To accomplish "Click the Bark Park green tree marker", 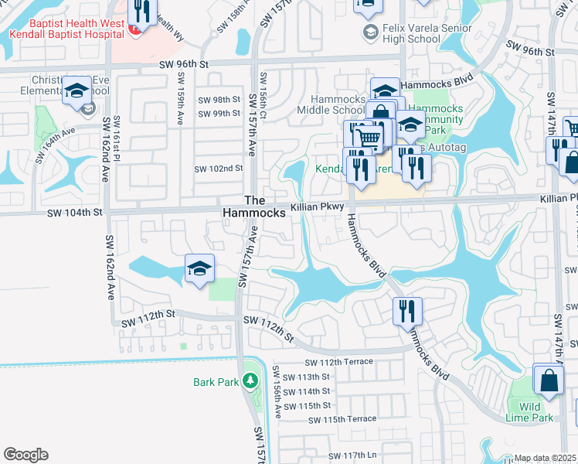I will pos(250,380).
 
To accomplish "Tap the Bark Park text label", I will pos(216,381).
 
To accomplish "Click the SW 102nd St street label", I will pos(218,169).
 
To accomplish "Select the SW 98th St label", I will pos(219,100).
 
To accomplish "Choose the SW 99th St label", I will pos(219,114).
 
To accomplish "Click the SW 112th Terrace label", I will pos(338,362).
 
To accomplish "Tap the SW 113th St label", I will pos(307,377).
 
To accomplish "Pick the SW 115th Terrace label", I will pos(342,419).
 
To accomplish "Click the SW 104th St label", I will pos(75,212).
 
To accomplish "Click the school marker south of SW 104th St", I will pos(199,270).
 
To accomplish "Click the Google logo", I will pos(25,455).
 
